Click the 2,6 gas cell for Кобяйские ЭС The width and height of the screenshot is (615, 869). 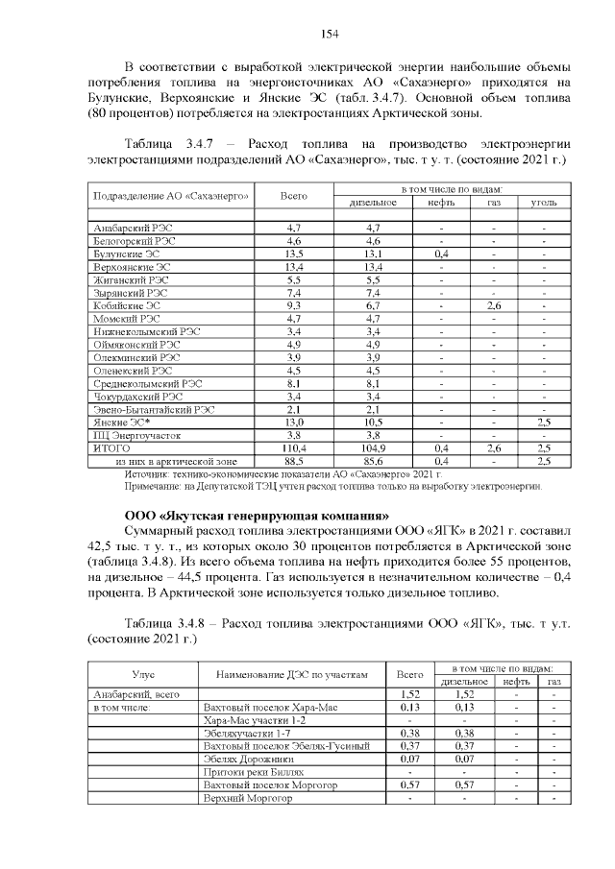(x=494, y=305)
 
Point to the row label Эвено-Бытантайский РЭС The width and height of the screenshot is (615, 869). (x=153, y=408)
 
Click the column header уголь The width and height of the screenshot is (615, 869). (x=543, y=203)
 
